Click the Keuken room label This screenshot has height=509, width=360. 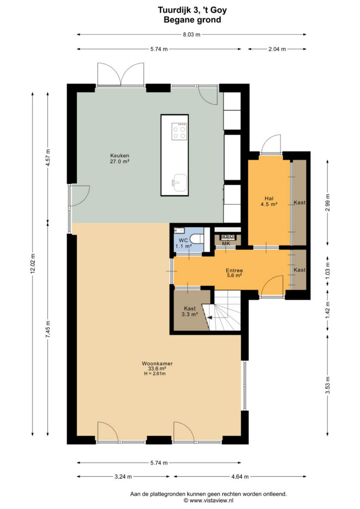(120, 156)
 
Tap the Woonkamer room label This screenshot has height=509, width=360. (157, 363)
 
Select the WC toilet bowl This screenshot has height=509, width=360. (197, 239)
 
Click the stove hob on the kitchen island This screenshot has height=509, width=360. (180, 131)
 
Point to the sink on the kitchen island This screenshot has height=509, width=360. (180, 182)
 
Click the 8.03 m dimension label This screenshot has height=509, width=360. (191, 34)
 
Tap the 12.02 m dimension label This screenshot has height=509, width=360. (32, 263)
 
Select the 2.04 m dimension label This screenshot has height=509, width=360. (277, 49)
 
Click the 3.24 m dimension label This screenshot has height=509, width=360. (123, 477)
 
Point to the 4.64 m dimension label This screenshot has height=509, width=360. (240, 477)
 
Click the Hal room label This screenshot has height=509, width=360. (269, 198)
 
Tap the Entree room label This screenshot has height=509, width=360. (234, 270)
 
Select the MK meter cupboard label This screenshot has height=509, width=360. (226, 243)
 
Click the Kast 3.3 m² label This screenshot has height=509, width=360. (190, 311)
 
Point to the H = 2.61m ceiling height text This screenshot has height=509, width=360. (155, 374)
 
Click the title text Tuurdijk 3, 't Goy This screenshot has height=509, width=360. (192, 10)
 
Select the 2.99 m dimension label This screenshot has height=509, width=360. (327, 203)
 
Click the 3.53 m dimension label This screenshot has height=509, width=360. (328, 385)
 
